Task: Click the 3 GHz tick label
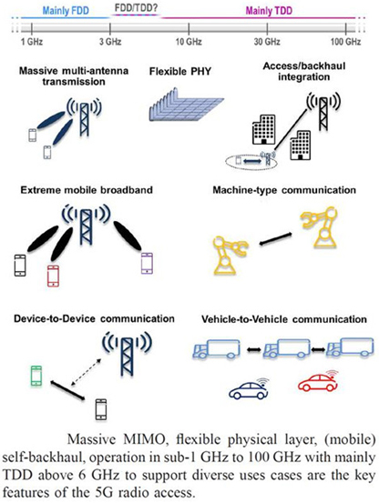[110, 42]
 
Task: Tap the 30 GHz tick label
[267, 42]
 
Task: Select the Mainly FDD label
[66, 11]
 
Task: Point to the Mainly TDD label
[269, 11]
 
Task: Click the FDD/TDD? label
[136, 8]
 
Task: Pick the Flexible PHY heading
[179, 71]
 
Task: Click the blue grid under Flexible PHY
[186, 105]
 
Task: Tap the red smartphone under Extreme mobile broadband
[53, 276]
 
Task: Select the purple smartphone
[147, 263]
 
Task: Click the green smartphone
[36, 376]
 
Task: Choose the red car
[318, 381]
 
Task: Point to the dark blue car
[249, 388]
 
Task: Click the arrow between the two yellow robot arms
[275, 239]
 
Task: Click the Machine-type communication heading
[284, 190]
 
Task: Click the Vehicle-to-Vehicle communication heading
[284, 319]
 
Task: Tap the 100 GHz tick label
[346, 42]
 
